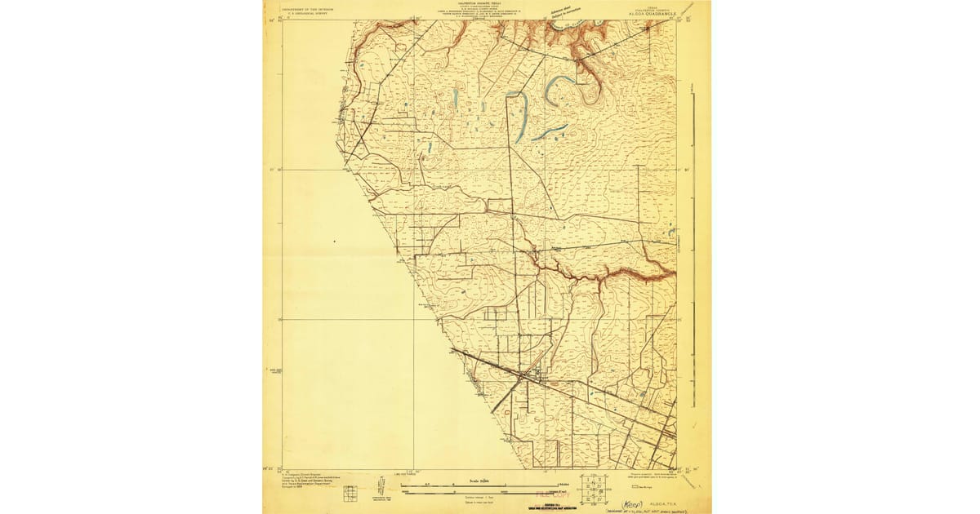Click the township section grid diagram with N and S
(594, 486)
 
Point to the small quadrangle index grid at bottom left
(350, 493)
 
